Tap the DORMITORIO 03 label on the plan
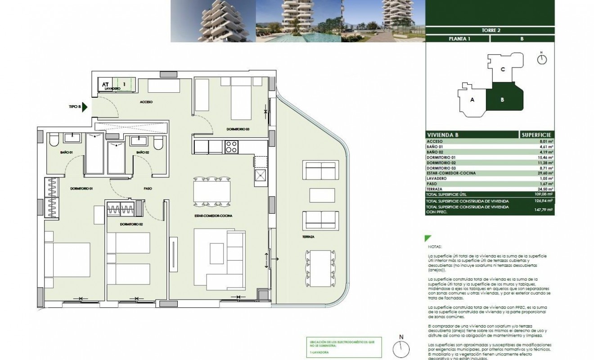(238, 129)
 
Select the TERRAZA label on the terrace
(308, 236)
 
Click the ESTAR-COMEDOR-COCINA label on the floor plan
(207, 216)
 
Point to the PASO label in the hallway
(148, 189)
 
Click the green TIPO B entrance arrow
(86, 107)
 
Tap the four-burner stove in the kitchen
(231, 147)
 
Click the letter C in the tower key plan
(503, 69)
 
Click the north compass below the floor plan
(401, 347)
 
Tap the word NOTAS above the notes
(436, 247)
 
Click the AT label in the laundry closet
(105, 84)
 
